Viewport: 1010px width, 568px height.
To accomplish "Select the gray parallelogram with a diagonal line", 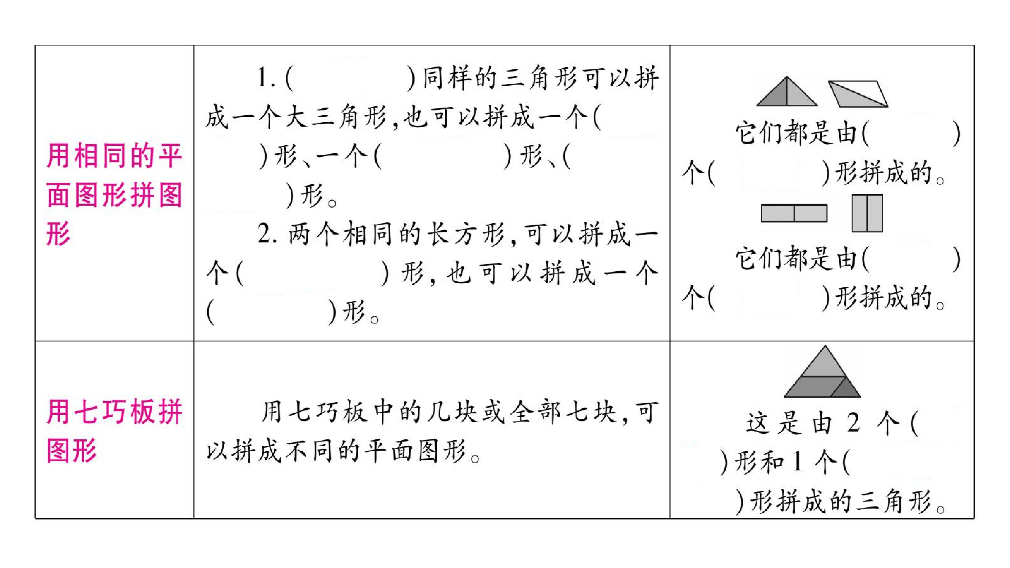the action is pos(858,94).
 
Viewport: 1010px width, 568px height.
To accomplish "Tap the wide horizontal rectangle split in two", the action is pos(794,213).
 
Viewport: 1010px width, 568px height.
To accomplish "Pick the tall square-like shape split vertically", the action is pos(867,213).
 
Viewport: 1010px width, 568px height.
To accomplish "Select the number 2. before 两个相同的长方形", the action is pos(267,234).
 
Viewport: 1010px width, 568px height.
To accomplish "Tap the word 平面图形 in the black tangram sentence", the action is pos(414,451).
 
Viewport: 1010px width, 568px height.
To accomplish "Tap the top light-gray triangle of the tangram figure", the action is pos(825,363).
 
